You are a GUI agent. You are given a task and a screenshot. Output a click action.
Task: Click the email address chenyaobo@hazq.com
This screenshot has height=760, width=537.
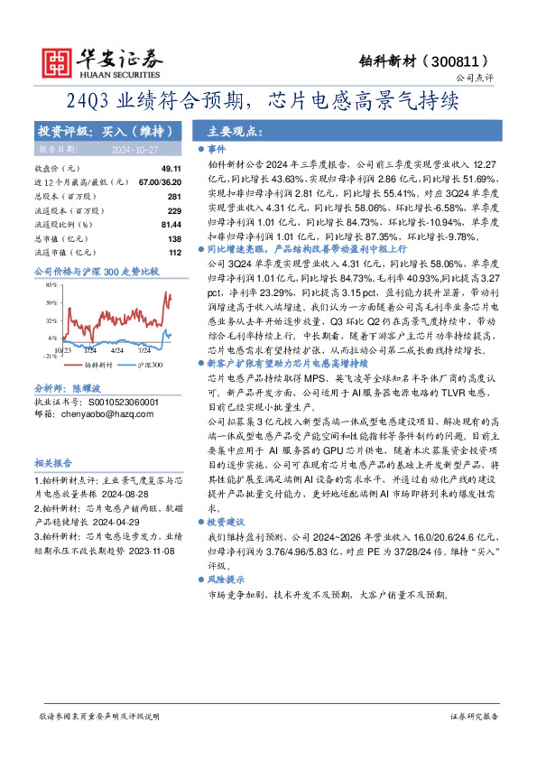coord(104,412)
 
